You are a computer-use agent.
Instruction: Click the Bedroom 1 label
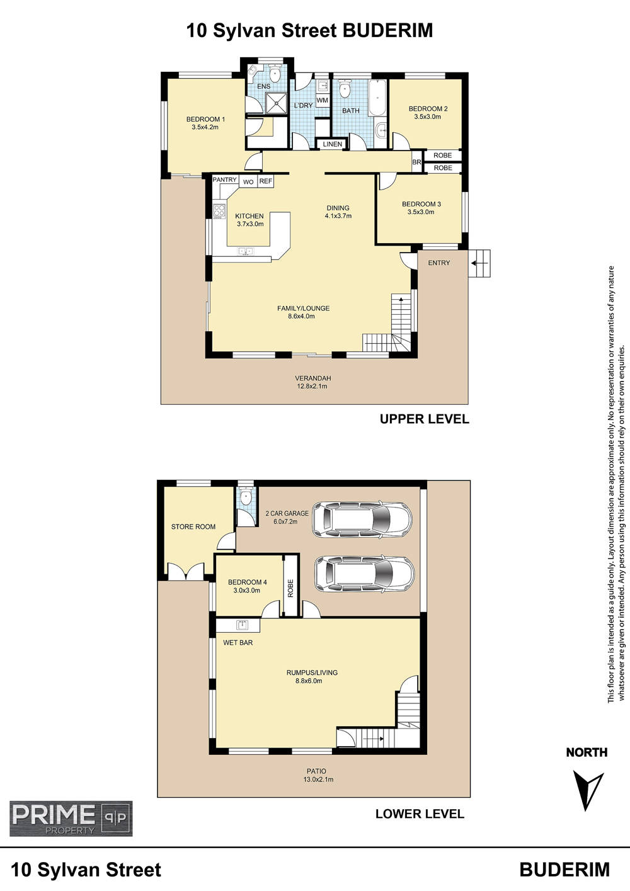(205, 120)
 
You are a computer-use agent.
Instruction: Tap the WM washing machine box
(322, 101)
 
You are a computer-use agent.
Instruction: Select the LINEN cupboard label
(332, 144)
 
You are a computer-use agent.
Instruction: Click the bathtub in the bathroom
(377, 98)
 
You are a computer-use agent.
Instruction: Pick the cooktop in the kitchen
(219, 211)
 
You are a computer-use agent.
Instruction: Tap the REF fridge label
(265, 181)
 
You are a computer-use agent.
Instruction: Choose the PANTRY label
(224, 180)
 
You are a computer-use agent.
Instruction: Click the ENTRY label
(439, 263)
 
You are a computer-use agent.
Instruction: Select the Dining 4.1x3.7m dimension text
(338, 216)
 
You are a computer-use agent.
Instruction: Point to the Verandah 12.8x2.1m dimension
(313, 386)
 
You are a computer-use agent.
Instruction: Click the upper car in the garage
(362, 519)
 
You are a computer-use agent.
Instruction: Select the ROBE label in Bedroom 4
(290, 588)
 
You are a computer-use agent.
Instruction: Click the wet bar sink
(242, 625)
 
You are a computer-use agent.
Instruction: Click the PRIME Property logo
(71, 819)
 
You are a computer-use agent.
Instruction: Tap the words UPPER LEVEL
(424, 419)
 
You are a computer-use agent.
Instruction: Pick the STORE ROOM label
(193, 527)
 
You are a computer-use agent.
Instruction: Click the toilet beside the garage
(246, 496)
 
